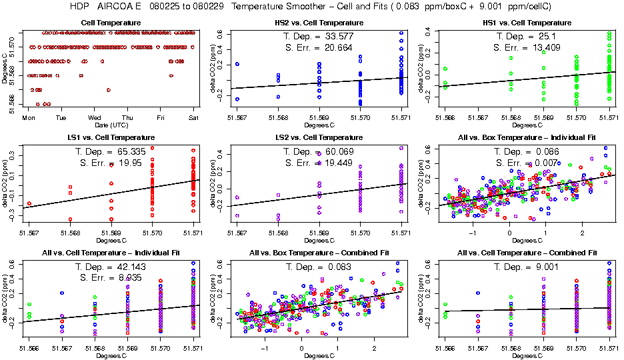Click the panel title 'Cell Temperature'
tap(111, 23)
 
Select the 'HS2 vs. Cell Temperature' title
tap(318, 23)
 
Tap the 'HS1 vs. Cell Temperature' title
tap(526, 23)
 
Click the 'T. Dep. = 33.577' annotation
tap(318, 36)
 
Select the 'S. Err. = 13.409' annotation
tap(526, 47)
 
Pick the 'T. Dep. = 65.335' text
tap(111, 151)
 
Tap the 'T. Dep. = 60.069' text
tap(318, 151)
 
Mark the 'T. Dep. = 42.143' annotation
tap(111, 267)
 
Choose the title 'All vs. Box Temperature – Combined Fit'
tap(318, 253)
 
